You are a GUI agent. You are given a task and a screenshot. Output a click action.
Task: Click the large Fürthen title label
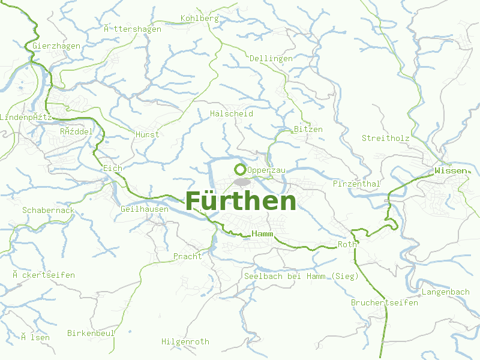tap(241, 201)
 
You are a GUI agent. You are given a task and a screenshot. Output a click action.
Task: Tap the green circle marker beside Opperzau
tap(240, 169)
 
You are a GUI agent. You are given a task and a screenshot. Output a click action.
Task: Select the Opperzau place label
tap(266, 170)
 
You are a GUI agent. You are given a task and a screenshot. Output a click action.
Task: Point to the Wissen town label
tap(450, 171)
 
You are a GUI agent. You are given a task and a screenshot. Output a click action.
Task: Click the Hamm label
tap(263, 233)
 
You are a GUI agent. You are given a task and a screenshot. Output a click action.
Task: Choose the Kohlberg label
tap(199, 19)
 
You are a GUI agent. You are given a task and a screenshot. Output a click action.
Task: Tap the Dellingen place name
tap(271, 58)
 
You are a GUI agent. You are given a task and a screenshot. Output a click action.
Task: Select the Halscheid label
tap(232, 113)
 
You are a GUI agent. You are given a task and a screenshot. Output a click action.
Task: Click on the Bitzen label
tap(308, 129)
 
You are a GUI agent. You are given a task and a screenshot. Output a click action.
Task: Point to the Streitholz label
tap(385, 138)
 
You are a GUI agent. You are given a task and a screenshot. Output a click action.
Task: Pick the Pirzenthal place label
tap(356, 184)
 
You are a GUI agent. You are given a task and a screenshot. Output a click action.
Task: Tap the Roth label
tap(347, 244)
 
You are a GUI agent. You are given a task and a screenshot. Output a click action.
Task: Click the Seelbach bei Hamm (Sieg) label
tap(301, 276)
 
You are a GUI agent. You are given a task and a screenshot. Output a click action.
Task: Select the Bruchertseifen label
tap(384, 302)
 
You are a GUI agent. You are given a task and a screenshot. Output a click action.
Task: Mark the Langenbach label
tap(445, 292)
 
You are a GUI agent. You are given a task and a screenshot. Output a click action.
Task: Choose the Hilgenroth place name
tap(185, 341)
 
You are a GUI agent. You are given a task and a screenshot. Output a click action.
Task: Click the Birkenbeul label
tap(91, 332)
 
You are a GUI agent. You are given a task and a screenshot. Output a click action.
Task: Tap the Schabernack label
tap(48, 210)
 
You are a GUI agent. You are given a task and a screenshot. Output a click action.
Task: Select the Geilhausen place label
tap(145, 209)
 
